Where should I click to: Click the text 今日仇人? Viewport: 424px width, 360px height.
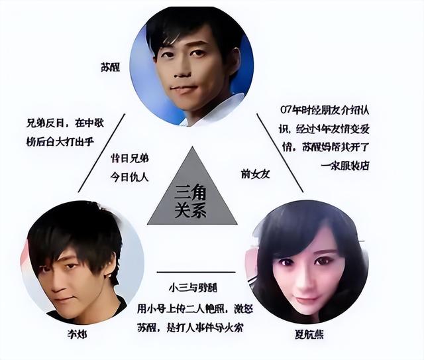(129, 176)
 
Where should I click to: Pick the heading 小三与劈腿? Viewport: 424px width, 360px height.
(195, 289)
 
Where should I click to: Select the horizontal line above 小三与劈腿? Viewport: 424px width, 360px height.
(195, 272)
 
